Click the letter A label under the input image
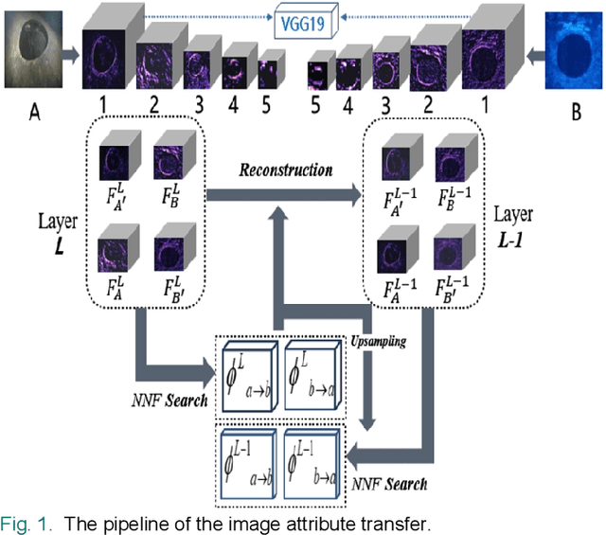[35, 113]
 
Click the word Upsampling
[380, 341]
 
